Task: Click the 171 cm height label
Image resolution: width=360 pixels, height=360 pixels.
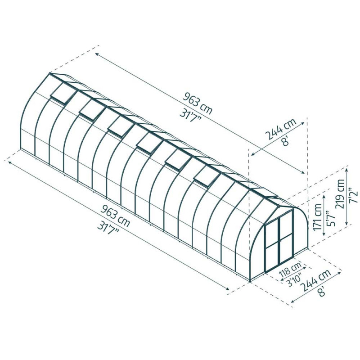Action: (318, 217)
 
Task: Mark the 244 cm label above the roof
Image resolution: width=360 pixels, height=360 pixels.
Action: (280, 131)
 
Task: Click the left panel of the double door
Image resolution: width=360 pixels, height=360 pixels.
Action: (273, 243)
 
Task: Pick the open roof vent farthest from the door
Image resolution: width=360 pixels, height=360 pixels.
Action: (61, 94)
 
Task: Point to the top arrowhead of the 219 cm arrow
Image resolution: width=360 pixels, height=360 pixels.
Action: (346, 168)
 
